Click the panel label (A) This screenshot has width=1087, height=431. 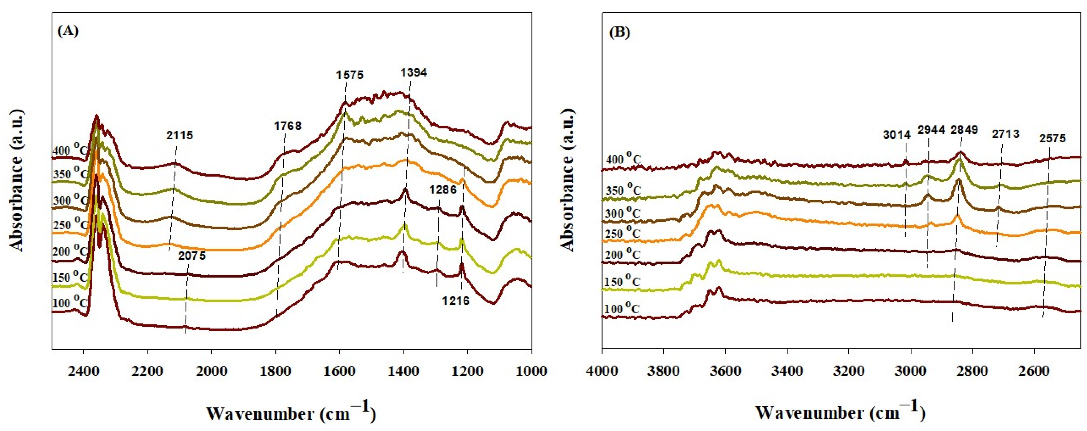coord(67,31)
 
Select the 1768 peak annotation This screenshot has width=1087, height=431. coord(287,125)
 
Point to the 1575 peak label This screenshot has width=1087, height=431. coord(349,75)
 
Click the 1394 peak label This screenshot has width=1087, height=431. coord(413,73)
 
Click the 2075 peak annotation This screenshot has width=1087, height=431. coord(192,255)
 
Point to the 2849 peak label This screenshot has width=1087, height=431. coord(964,130)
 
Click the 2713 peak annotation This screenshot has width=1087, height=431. coord(1005,134)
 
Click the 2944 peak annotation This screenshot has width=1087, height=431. coord(931,130)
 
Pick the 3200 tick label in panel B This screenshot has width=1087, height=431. coord(849,372)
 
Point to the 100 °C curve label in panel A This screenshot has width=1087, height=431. coord(70,302)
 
